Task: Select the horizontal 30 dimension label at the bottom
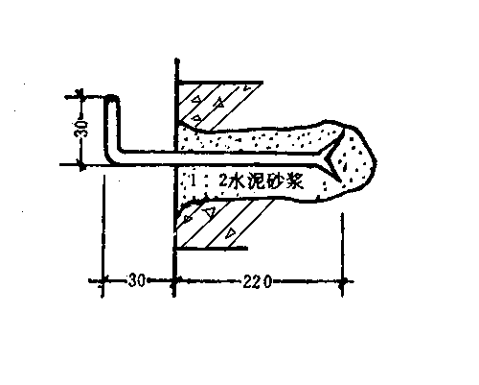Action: click(x=137, y=280)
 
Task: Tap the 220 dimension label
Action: click(x=257, y=281)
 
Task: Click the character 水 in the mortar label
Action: click(x=237, y=181)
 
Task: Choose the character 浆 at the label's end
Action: click(x=294, y=182)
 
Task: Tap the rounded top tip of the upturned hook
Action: click(x=112, y=97)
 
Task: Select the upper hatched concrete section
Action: click(x=213, y=104)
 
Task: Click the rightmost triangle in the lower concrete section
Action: click(x=230, y=233)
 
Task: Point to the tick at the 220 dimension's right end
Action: click(x=342, y=281)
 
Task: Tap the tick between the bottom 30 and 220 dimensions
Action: click(x=174, y=281)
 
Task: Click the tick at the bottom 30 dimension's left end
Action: click(x=103, y=281)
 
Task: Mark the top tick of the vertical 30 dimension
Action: click(x=81, y=96)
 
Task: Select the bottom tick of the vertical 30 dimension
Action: click(x=81, y=165)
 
